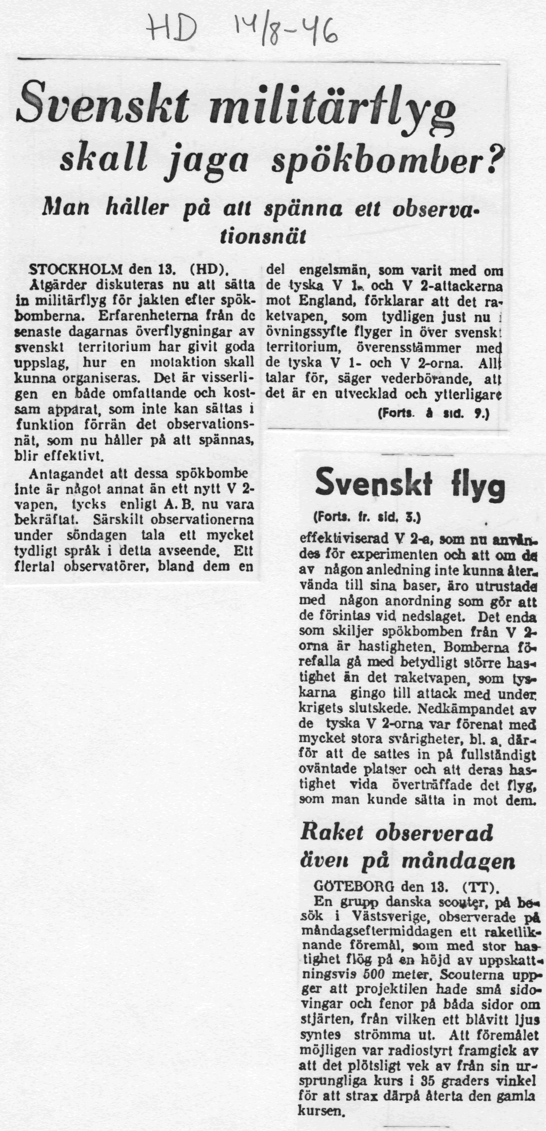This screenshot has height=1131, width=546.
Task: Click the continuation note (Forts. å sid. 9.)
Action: pos(433,413)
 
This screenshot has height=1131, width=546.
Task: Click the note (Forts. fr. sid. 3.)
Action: pos(367,518)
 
